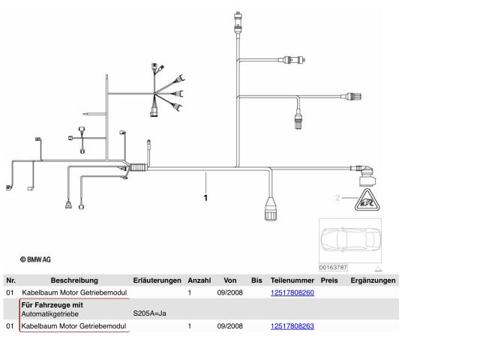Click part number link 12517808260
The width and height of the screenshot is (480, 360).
pyautogui.click(x=292, y=292)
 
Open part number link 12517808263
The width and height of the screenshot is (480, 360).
pyautogui.click(x=292, y=326)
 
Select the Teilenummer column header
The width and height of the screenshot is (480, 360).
pyautogui.click(x=292, y=280)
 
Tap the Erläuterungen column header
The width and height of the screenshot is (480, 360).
pyautogui.click(x=157, y=280)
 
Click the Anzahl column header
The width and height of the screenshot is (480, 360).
pyautogui.click(x=199, y=280)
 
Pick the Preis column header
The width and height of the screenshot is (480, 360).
pyautogui.click(x=329, y=280)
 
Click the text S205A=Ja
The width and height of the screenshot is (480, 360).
pyautogui.click(x=150, y=314)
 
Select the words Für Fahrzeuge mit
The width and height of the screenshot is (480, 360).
pyautogui.click(x=52, y=305)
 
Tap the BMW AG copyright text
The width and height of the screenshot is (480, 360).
pyautogui.click(x=35, y=259)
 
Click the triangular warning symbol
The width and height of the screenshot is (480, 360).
pyautogui.click(x=365, y=199)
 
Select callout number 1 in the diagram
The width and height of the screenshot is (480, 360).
pyautogui.click(x=205, y=198)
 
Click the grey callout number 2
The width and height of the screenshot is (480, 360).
pyautogui.click(x=338, y=198)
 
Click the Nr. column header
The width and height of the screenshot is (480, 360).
pyautogui.click(x=10, y=280)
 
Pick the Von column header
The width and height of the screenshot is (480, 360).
pyautogui.click(x=230, y=280)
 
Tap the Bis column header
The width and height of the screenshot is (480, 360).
pyautogui.click(x=256, y=280)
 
